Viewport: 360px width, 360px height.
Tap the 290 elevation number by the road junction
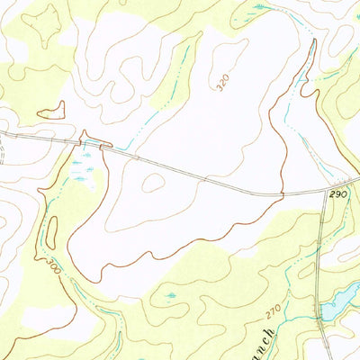337,194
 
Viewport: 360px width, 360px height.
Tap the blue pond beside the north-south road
340,307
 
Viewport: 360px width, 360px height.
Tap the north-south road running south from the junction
323,270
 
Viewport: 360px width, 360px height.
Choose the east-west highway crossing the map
207,175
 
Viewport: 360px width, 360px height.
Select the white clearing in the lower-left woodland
49,315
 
